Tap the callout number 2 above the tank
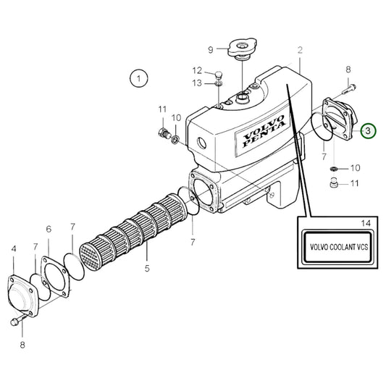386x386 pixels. point(299,51)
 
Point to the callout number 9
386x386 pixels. point(211,49)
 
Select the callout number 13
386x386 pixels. point(197,83)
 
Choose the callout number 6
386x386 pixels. point(49,230)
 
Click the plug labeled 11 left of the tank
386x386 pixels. point(163,132)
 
